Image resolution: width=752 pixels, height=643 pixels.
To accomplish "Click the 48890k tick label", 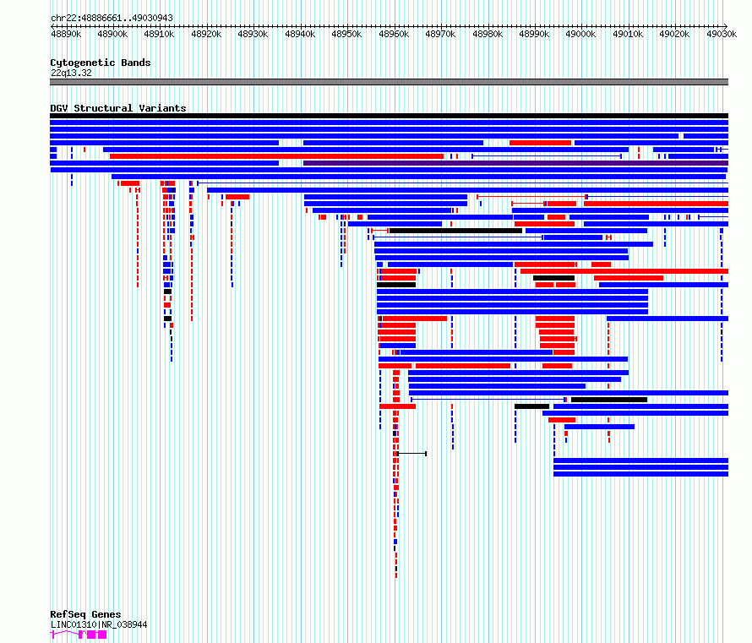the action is click(x=66, y=34).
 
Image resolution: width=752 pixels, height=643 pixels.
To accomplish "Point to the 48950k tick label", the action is click(x=346, y=34).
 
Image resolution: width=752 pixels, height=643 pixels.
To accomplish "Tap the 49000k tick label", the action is click(x=580, y=34).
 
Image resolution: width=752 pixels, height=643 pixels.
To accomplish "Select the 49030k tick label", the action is click(x=722, y=34).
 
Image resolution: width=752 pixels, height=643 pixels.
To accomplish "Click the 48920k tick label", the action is click(x=206, y=34).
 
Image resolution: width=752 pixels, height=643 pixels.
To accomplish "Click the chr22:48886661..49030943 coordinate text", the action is click(x=112, y=19).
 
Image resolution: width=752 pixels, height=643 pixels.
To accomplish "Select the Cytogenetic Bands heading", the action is click(x=101, y=63).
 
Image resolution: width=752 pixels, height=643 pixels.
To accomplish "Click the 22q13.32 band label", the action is click(x=71, y=73).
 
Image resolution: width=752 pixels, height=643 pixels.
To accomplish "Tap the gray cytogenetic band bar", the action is click(x=389, y=82).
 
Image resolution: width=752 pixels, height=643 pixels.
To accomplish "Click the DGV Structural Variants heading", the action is click(x=118, y=108).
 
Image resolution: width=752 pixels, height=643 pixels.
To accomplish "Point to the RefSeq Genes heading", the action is click(x=85, y=614).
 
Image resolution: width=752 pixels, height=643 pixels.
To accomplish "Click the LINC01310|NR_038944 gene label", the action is click(x=99, y=624).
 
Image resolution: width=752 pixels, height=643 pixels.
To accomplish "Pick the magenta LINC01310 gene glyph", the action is click(x=79, y=635).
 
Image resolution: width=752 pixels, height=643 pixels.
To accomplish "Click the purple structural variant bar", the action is click(x=515, y=163).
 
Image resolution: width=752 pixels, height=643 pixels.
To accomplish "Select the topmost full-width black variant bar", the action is click(x=389, y=116).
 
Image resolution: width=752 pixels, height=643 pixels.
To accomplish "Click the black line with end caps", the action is click(x=412, y=454).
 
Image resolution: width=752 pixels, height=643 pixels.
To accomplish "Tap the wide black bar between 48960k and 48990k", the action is click(x=455, y=231).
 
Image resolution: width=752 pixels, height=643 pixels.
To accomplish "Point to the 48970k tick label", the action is click(x=440, y=34).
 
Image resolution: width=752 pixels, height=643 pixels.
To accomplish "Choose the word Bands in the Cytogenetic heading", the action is click(x=136, y=63).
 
